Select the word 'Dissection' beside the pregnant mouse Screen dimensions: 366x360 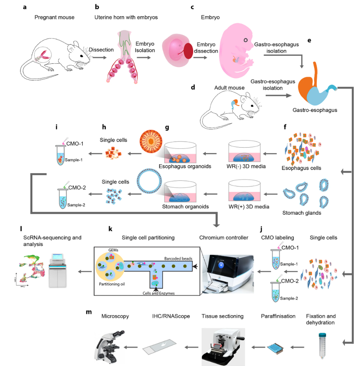(101, 50)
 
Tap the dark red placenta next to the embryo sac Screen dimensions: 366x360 (188, 51)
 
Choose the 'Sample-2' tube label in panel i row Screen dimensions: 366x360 (77, 205)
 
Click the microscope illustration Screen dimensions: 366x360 (111, 342)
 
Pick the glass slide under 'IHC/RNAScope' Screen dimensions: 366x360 (159, 345)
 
